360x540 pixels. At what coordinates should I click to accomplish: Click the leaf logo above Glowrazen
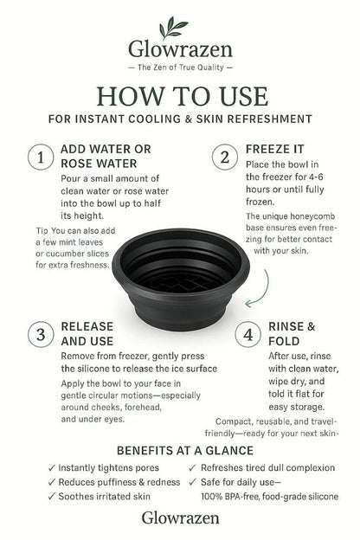coord(180,26)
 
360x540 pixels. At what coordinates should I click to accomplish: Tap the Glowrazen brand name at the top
coord(179,50)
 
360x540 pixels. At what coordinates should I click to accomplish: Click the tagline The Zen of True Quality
coord(179,67)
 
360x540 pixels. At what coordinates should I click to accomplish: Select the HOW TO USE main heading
coord(179,94)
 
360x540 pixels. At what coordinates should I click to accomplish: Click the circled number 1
coord(38,157)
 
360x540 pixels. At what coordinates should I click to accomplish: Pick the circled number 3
coord(38,334)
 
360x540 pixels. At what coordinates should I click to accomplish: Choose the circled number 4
coord(248,334)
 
